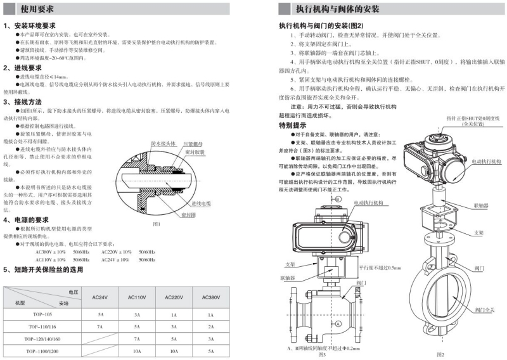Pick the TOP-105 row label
[x=42, y=314]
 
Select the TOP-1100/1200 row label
[x=42, y=350]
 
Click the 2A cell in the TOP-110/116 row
[x=211, y=326]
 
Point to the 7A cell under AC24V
[x=99, y=326]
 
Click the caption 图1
[x=157, y=224]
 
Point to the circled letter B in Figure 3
[x=338, y=199]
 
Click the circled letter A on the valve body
[x=338, y=323]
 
